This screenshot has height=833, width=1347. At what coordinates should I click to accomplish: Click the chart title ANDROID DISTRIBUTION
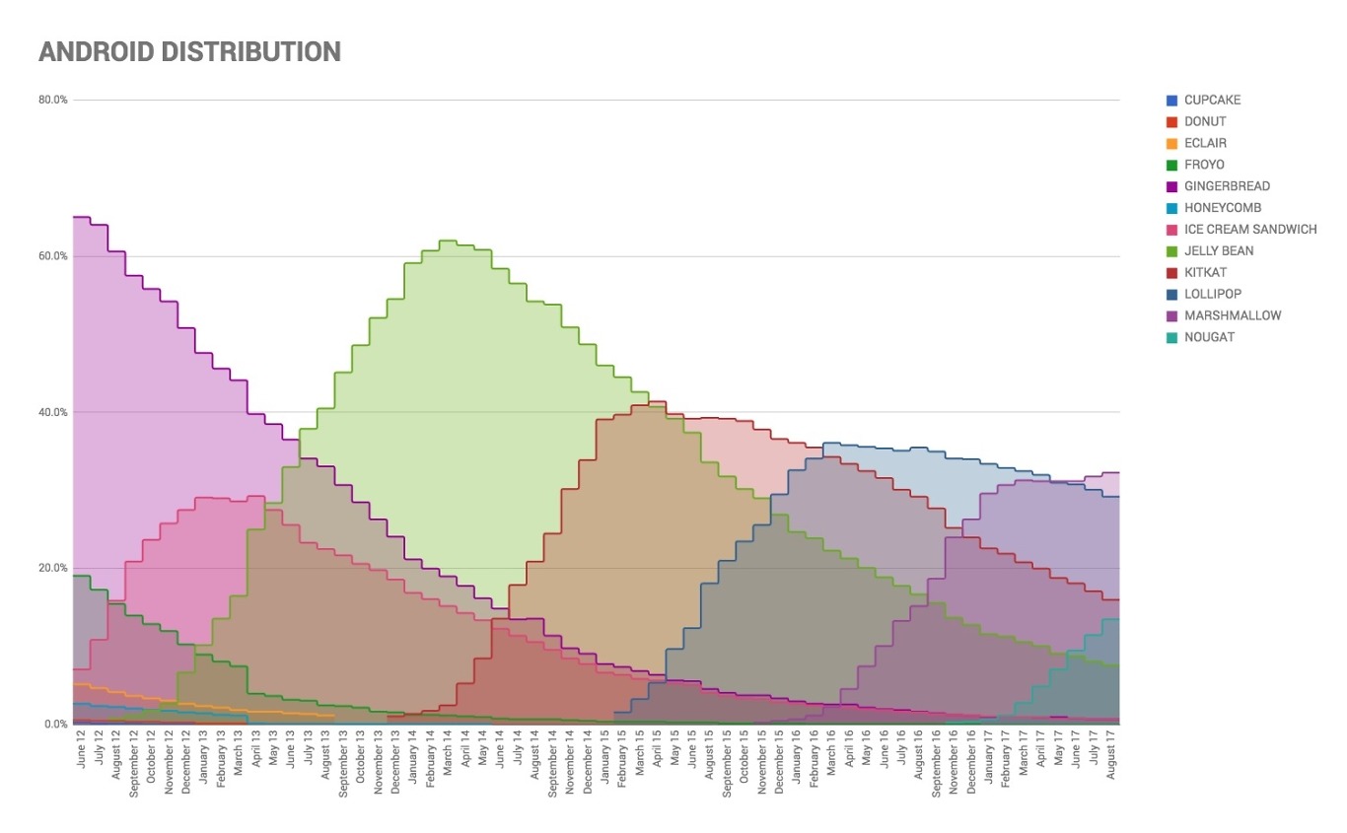point(189,52)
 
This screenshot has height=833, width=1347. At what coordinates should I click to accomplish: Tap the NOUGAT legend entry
point(1209,337)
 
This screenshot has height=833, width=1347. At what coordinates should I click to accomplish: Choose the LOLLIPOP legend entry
point(1213,294)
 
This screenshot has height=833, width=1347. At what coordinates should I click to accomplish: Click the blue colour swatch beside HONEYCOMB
point(1171,208)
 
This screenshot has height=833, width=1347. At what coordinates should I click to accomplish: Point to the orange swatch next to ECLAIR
point(1171,144)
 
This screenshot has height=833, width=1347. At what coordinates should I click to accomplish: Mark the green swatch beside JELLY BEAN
point(1171,251)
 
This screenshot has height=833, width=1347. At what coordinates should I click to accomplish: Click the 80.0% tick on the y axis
point(53,100)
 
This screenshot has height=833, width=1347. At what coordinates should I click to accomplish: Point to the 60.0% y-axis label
point(53,256)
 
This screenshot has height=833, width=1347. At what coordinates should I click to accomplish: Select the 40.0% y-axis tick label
point(53,412)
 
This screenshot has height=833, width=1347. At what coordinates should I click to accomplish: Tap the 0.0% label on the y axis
point(55,725)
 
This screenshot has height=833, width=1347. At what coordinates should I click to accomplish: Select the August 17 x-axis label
point(1111,758)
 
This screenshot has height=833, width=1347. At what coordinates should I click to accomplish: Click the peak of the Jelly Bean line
point(447,241)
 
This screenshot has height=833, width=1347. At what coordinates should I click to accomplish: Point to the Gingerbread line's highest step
point(82,217)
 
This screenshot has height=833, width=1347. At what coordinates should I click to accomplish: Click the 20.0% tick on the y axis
point(53,568)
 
